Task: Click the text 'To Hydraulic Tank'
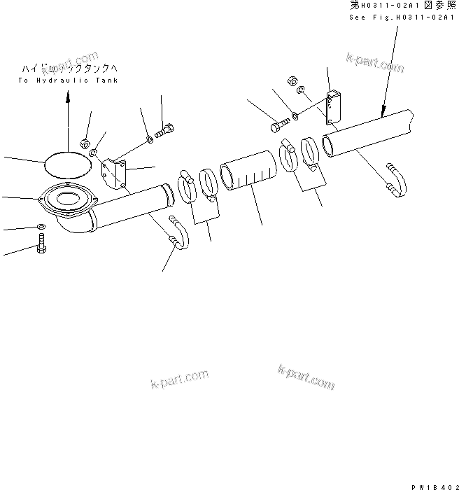click(x=68, y=81)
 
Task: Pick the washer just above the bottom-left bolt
click(x=41, y=227)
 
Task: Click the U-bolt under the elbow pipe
click(x=178, y=234)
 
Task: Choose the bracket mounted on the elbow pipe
click(x=113, y=173)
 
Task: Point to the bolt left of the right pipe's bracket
click(x=276, y=127)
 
